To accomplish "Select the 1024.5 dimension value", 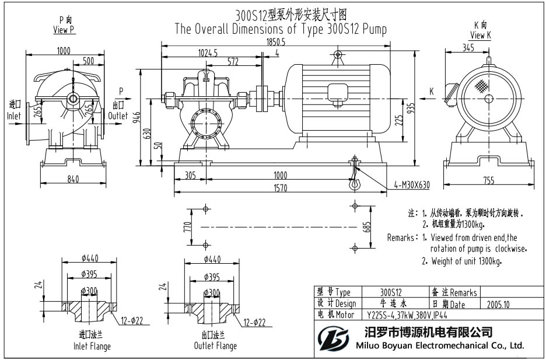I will [208, 53].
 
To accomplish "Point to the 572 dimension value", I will [233, 61].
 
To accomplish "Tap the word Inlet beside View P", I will [14, 116].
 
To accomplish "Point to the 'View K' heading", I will [481, 35].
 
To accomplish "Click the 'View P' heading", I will [64, 30].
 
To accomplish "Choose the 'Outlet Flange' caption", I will [215, 346].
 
